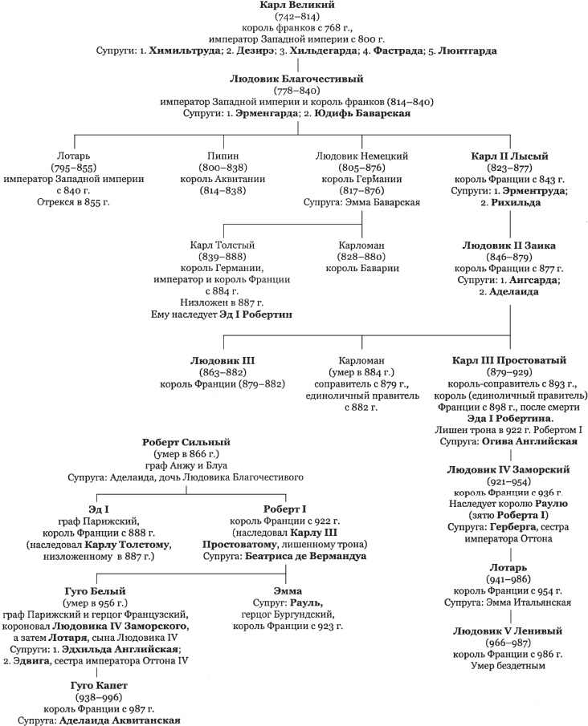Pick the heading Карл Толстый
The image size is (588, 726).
pyautogui.click(x=222, y=244)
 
